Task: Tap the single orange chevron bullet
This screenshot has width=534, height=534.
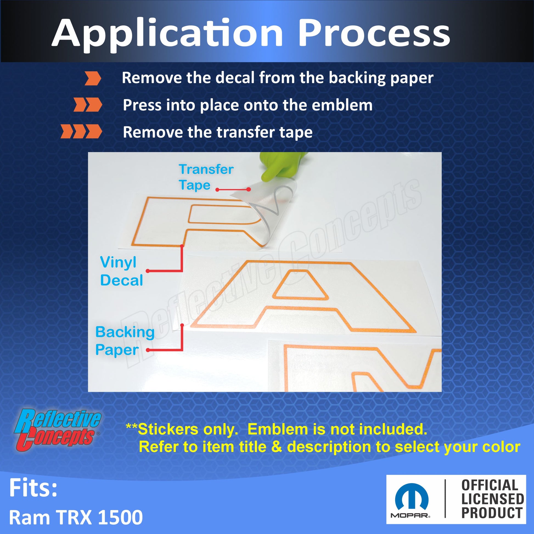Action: tap(93, 78)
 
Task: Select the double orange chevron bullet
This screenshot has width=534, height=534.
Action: tap(88, 105)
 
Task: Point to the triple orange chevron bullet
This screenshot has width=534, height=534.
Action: tap(81, 131)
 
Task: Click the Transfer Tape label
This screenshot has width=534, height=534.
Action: tap(206, 177)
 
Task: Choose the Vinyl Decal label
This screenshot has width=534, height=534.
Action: tap(121, 271)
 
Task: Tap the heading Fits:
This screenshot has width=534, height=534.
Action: tap(33, 488)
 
